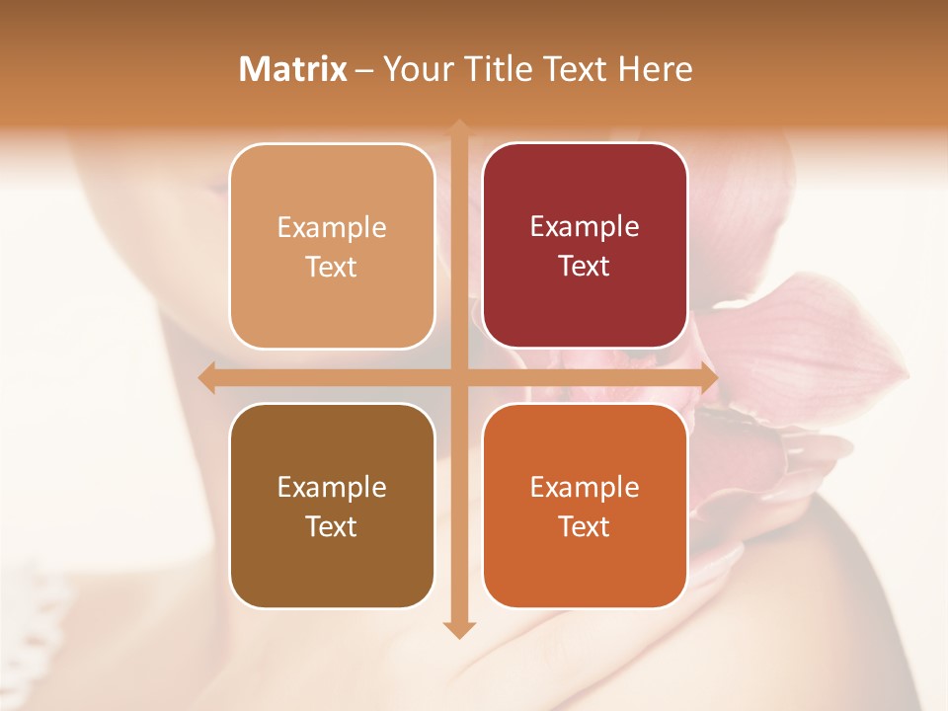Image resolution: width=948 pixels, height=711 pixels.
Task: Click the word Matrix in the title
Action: [293, 69]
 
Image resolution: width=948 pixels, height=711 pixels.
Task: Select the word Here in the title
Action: [656, 69]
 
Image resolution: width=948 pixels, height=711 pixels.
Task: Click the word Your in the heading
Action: [418, 69]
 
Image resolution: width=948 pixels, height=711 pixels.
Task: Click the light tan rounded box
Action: [332, 246]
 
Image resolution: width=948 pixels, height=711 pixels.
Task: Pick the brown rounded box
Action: [332, 506]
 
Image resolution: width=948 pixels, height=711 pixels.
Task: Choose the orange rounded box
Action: [585, 506]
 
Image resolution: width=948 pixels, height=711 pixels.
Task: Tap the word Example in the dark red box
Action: [585, 226]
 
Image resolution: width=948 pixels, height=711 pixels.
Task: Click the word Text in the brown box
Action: [332, 526]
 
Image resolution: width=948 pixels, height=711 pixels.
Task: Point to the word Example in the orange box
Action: [585, 487]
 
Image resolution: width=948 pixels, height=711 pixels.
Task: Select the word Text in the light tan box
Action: [332, 267]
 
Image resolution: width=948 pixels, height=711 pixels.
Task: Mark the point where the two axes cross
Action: [459, 378]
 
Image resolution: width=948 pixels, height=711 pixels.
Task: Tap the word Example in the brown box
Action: [332, 487]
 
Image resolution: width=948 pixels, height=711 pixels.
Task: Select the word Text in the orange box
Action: [585, 526]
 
